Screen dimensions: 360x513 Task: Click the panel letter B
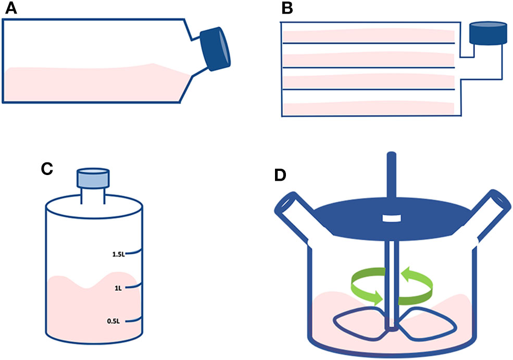[x=287, y=9]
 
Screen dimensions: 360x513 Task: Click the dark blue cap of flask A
[x=216, y=48]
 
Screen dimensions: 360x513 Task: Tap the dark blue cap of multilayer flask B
[x=487, y=33]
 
